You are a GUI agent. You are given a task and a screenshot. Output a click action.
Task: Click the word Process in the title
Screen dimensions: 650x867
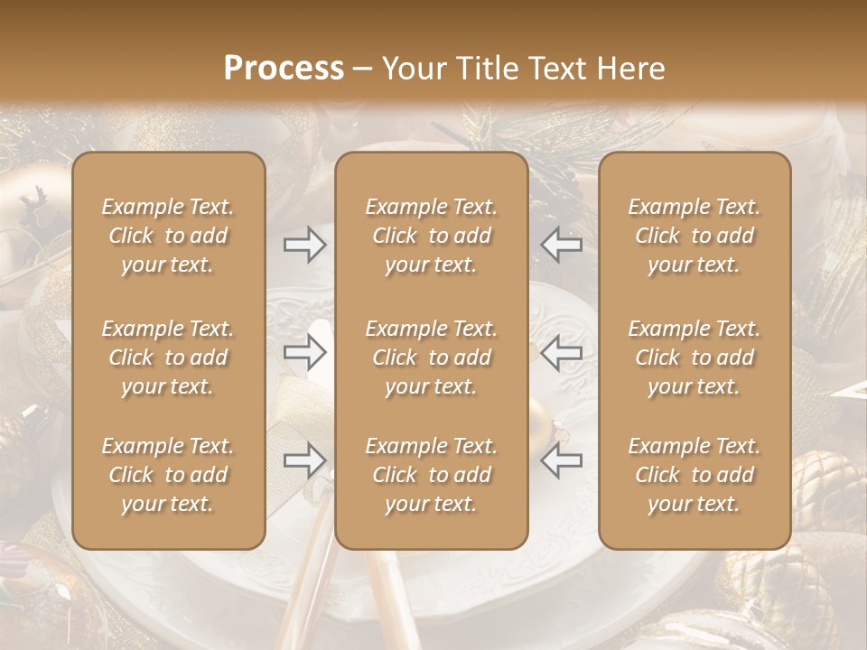click(x=284, y=69)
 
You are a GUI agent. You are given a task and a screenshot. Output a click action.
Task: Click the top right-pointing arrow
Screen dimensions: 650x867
click(x=304, y=245)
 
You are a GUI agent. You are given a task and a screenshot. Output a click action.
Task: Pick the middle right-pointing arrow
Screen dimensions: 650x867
click(x=304, y=352)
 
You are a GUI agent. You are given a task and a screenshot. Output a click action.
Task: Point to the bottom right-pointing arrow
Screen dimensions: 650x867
click(x=304, y=460)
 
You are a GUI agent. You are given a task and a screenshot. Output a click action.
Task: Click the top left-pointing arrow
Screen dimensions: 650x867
click(x=562, y=245)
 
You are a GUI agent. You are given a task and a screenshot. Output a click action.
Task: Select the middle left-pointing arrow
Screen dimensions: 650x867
click(x=562, y=352)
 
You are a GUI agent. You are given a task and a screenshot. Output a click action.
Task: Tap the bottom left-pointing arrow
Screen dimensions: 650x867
click(x=562, y=460)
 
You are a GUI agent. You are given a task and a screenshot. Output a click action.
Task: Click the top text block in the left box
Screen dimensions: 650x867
click(x=168, y=236)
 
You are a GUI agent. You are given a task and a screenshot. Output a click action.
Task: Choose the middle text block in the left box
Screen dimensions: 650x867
click(x=168, y=357)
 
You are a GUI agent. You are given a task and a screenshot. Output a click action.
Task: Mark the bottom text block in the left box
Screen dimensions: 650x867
click(x=168, y=475)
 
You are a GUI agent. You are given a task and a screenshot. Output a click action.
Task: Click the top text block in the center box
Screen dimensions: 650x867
click(x=431, y=236)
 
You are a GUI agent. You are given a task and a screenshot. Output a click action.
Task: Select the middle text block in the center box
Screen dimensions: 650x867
click(x=431, y=357)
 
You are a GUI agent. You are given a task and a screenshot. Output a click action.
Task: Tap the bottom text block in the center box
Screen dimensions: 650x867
click(x=431, y=475)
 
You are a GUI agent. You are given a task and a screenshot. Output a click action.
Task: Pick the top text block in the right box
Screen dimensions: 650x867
click(x=695, y=236)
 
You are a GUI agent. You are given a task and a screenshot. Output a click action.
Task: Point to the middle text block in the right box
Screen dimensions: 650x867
click(x=695, y=357)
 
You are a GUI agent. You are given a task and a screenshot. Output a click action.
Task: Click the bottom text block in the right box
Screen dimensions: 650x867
click(x=695, y=475)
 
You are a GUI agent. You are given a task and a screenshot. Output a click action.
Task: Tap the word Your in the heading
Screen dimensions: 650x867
click(x=413, y=69)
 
